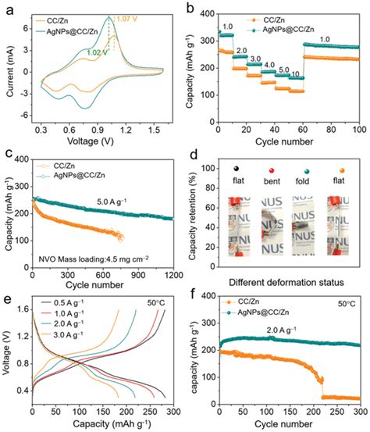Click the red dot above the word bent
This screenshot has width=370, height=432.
coord(268,169)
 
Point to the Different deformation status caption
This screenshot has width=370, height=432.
coord(281,283)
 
